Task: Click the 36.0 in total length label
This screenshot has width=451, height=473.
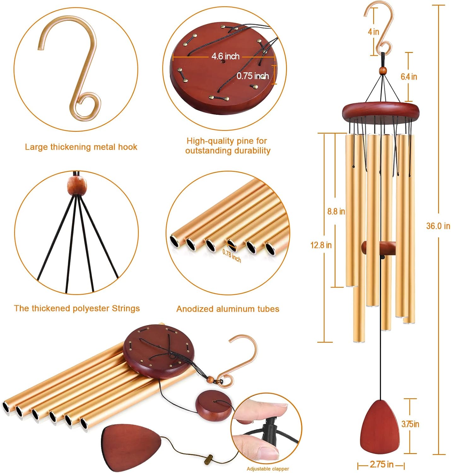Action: point(438,226)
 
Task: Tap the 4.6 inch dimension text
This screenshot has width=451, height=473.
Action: point(225,56)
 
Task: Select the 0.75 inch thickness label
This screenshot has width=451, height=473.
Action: point(253,76)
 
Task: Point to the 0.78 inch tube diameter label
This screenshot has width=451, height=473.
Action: point(232,256)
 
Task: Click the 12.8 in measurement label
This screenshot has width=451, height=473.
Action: point(321,245)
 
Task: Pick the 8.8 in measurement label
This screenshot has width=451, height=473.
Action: point(336,211)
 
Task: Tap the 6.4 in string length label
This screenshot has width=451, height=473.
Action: point(409,77)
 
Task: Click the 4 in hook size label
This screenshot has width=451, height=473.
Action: point(373,32)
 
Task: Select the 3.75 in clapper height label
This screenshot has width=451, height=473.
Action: point(410,424)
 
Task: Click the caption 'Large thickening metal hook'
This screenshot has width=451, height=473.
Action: point(81,147)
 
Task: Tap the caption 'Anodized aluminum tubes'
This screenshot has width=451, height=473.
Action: point(228,309)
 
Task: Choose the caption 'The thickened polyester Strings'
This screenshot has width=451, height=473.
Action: point(77,308)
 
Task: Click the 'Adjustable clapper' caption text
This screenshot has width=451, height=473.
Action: point(268,469)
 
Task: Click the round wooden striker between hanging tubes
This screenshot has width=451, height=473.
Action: point(379,248)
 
